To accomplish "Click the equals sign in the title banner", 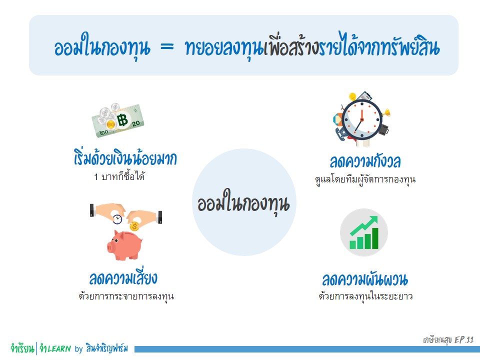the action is click(167, 47).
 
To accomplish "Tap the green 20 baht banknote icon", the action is click(118, 120).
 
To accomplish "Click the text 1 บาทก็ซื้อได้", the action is click(119, 176).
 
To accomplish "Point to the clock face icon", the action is click(362, 119).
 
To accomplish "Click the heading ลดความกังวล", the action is click(365, 161).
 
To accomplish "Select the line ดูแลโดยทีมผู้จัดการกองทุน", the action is click(365, 179).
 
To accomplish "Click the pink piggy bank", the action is click(124, 245).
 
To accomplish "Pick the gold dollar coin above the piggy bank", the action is click(134, 226).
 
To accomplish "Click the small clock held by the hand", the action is click(117, 219).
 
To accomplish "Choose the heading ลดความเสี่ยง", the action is click(123, 277).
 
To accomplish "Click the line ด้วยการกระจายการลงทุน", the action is click(126, 296).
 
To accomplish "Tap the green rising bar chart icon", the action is click(364, 232).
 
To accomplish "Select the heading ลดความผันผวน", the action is click(365, 279).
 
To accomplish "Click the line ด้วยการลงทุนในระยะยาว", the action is click(365, 296).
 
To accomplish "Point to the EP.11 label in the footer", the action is click(464, 340).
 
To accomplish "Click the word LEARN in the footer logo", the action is click(59, 348).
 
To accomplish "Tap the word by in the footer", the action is click(78, 348).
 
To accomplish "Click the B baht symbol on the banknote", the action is click(122, 119).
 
